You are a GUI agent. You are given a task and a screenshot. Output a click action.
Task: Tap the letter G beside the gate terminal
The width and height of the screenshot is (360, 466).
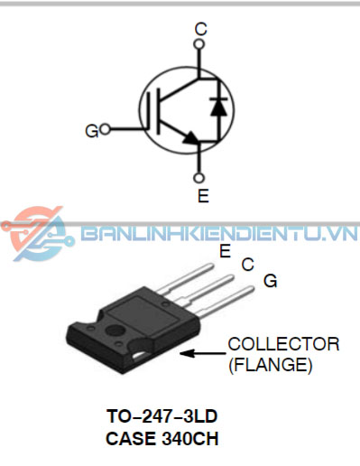[x=91, y=132]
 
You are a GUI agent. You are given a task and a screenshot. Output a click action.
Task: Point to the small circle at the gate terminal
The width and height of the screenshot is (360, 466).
[x=106, y=130]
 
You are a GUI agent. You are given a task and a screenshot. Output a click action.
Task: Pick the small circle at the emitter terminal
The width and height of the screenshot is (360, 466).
[x=200, y=178]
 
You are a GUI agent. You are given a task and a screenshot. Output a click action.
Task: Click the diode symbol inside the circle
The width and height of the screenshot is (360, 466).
[x=217, y=106]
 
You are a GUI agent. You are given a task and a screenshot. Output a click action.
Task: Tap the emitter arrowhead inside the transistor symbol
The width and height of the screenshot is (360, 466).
[x=190, y=138]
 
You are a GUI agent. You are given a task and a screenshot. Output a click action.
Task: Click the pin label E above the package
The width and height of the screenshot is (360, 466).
[x=225, y=252]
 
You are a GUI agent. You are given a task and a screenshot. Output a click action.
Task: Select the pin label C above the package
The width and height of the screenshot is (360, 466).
[x=246, y=266]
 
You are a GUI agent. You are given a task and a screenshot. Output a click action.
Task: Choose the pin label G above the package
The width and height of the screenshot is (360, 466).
[x=269, y=282]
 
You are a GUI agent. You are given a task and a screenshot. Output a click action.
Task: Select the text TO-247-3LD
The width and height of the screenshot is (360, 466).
[x=162, y=419]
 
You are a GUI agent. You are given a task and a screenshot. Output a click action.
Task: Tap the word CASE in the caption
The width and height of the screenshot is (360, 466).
[x=131, y=440]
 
